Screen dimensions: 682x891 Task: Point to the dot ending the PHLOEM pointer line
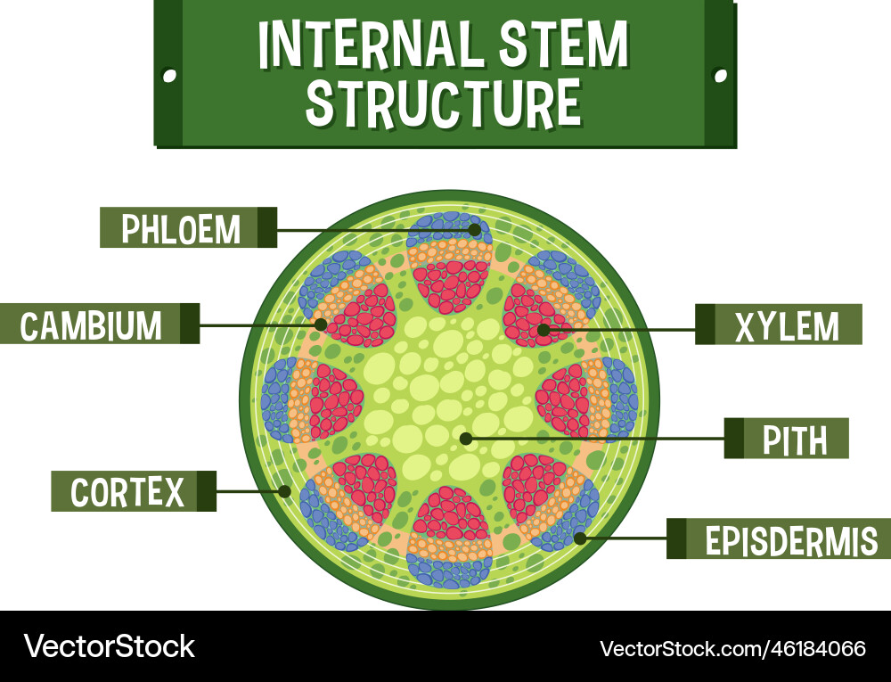tap(475, 229)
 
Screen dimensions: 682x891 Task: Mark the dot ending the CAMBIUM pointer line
tap(321, 324)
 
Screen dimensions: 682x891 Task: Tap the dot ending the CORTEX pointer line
tap(285, 490)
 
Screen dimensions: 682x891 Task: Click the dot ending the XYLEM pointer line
tap(544, 330)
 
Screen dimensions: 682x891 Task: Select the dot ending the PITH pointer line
tap(465, 438)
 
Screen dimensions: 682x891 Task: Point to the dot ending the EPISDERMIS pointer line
tap(580, 538)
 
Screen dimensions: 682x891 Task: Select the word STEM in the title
tap(562, 44)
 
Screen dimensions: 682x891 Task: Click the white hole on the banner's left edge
tap(168, 77)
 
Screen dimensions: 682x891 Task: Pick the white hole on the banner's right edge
tap(721, 77)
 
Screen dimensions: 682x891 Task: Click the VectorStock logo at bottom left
tap(109, 645)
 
